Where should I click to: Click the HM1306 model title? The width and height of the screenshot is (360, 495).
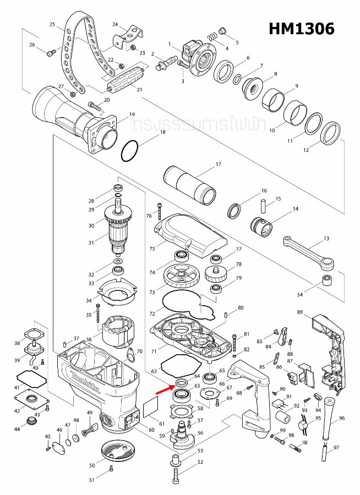click(x=301, y=29)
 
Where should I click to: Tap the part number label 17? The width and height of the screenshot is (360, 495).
click(x=218, y=164)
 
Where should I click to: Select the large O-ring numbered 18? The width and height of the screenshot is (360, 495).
click(x=130, y=151)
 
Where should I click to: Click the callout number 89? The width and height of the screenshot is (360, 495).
click(x=300, y=312)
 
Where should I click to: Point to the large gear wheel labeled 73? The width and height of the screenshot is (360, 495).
click(x=182, y=278)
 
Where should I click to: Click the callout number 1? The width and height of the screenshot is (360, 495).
click(x=171, y=44)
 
